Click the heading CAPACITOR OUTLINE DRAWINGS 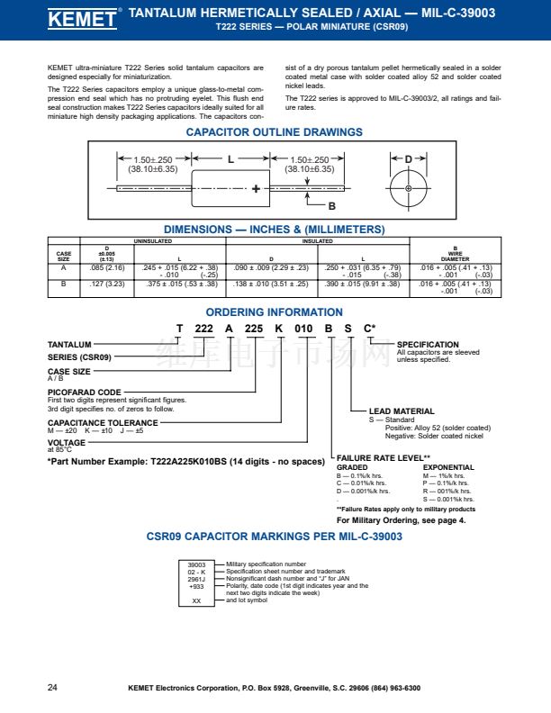[275, 132]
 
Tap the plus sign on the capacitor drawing [257, 189]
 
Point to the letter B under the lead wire [331, 206]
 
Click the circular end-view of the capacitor [408, 188]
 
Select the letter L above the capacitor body [230, 159]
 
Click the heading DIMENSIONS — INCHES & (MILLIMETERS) [274, 230]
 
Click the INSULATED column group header [316, 241]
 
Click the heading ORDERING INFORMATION [275, 312]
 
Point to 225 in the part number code [254, 329]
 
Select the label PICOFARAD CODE [85, 393]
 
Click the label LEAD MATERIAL [402, 411]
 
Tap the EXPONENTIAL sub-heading [448, 467]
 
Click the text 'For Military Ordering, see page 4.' [401, 520]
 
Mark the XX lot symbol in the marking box [196, 602]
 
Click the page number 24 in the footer [52, 688]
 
